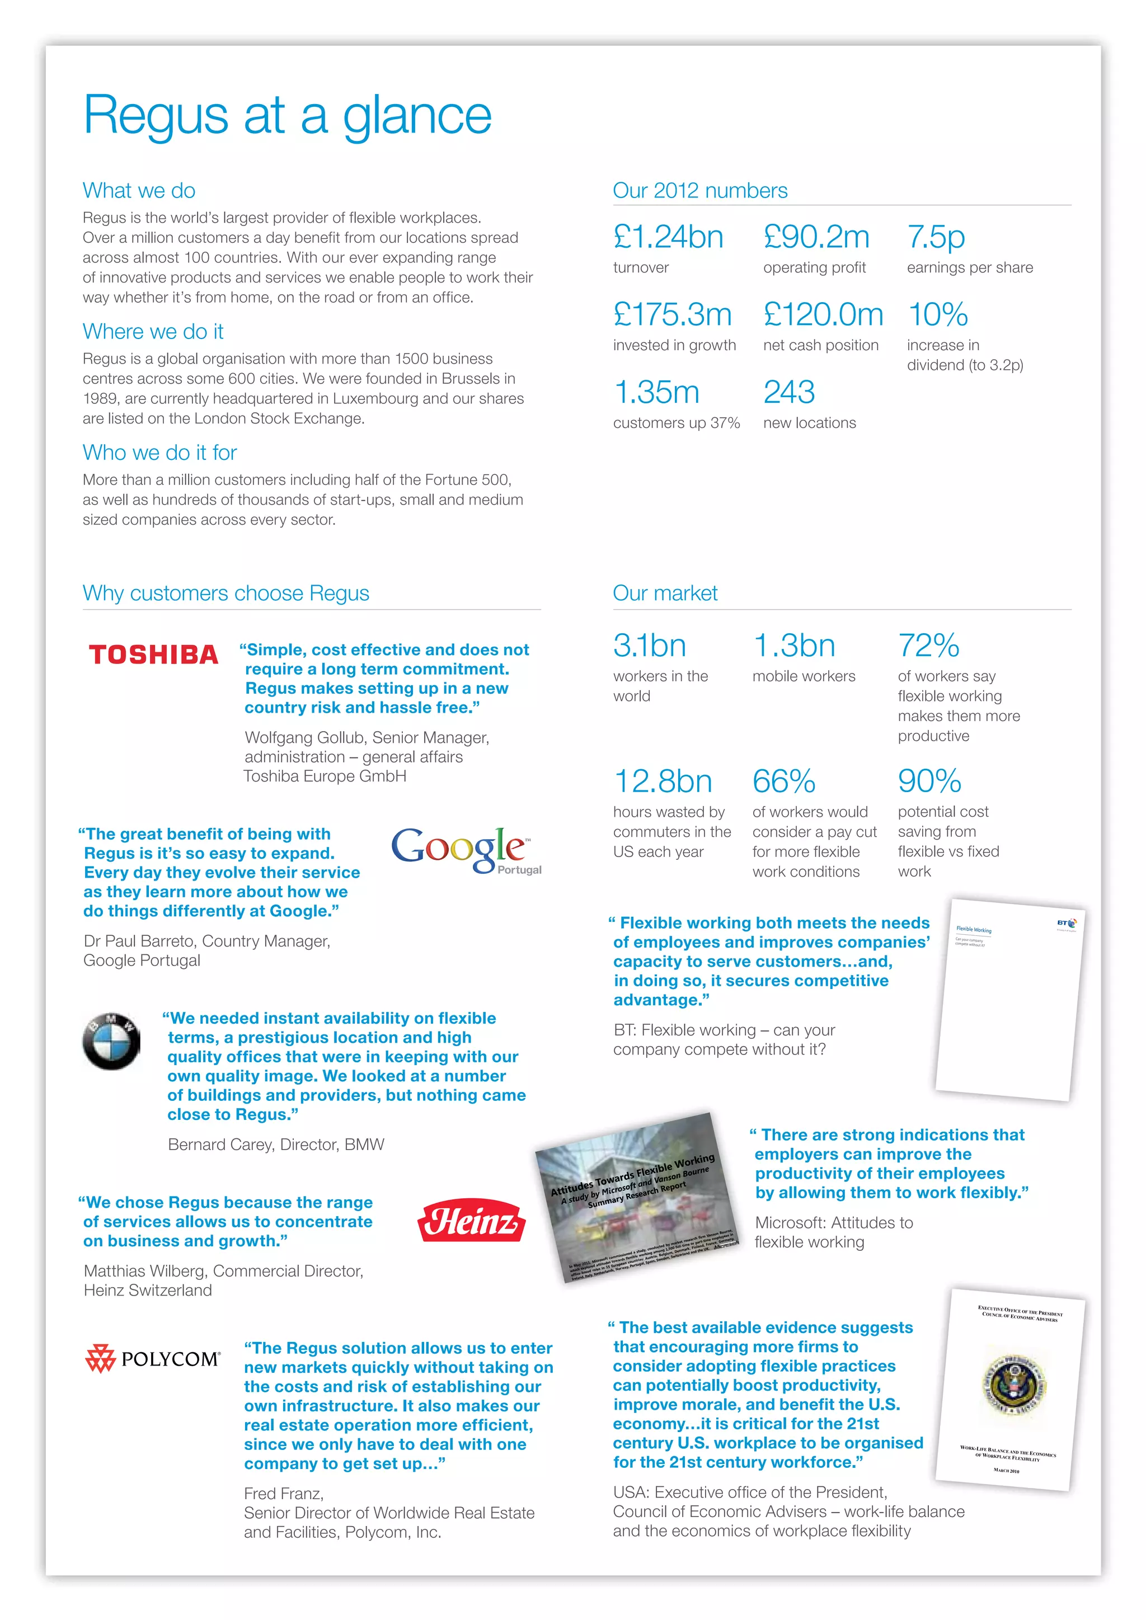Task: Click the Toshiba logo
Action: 153,655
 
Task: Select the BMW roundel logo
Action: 111,1042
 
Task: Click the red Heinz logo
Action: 471,1221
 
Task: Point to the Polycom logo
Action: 153,1358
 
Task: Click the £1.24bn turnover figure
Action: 668,237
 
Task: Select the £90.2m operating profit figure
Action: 816,237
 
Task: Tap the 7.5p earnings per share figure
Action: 936,237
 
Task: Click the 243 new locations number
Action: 789,392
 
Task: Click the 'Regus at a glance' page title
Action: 287,115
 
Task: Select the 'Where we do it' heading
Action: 153,331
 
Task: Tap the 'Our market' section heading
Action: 665,594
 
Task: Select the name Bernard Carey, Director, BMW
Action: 276,1145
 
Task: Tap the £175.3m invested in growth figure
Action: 672,315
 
